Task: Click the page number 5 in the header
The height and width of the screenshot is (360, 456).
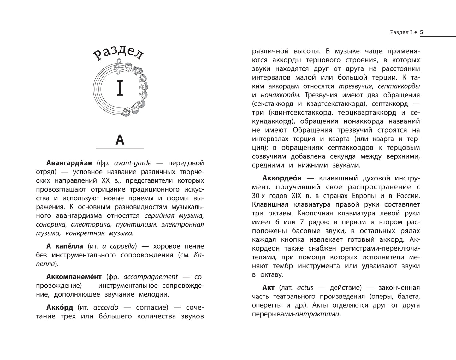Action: [x=422, y=32]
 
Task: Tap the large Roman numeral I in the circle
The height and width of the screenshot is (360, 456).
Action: [x=120, y=88]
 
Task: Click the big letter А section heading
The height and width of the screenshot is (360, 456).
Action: [x=120, y=139]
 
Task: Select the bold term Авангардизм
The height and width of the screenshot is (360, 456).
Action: [x=69, y=163]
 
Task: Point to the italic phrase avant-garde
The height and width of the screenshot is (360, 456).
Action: [x=133, y=163]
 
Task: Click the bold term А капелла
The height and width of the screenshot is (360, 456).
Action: [x=65, y=246]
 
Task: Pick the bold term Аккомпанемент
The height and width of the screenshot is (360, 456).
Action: [x=74, y=277]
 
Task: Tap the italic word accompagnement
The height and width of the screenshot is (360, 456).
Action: [x=151, y=277]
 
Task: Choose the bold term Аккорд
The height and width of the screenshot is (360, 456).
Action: [x=60, y=307]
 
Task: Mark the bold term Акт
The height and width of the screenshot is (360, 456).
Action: [x=269, y=288]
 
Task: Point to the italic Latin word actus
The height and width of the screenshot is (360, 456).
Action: [x=305, y=288]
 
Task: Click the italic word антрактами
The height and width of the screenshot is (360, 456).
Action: [x=317, y=314]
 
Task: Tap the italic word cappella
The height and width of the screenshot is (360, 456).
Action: [x=122, y=246]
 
